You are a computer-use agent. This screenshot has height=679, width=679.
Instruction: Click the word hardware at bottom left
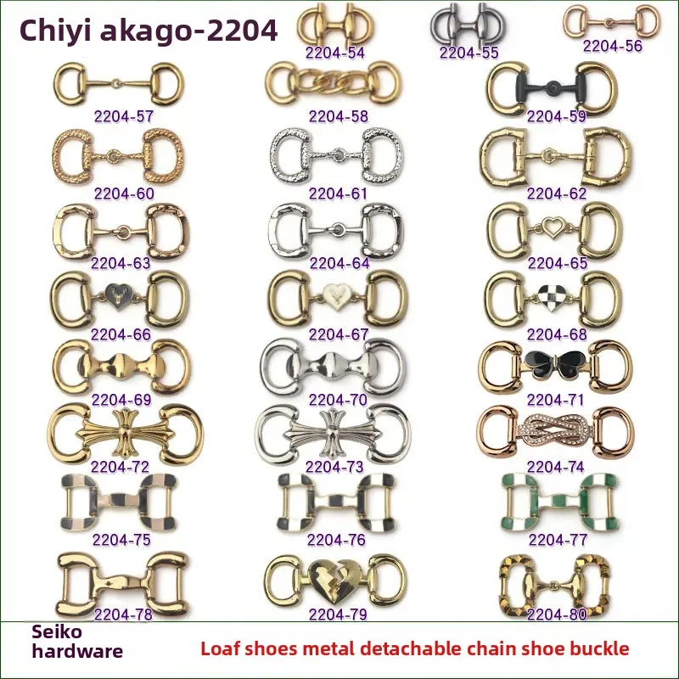[x=77, y=652]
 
